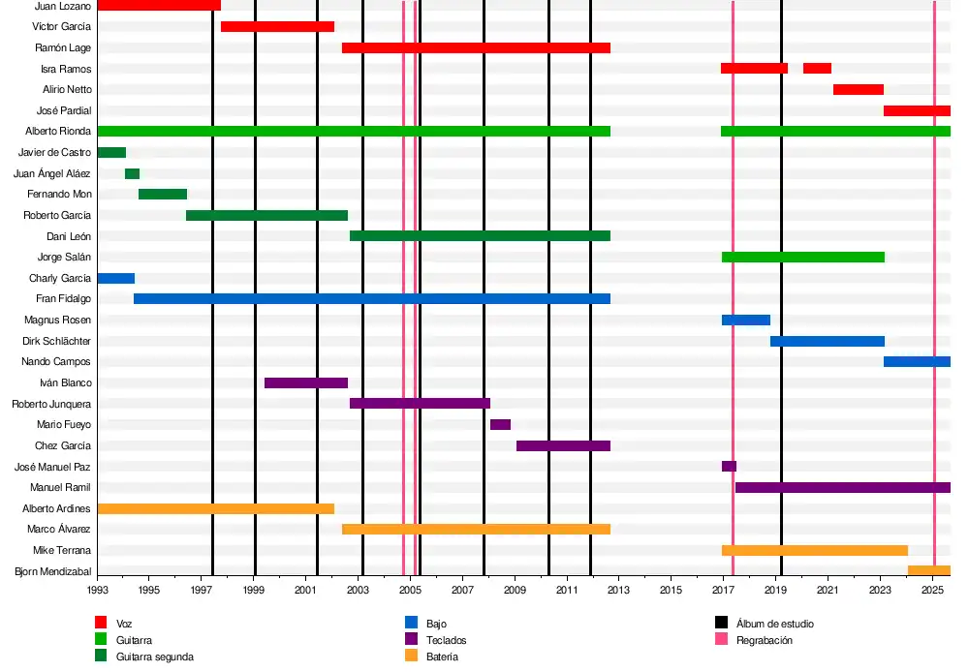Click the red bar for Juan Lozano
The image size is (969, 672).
[x=159, y=6]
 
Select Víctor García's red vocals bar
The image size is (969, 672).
[x=277, y=27]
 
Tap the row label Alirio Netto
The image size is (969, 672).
[x=67, y=90]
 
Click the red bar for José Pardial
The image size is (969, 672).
[x=917, y=111]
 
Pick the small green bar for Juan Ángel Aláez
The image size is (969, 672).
[x=132, y=174]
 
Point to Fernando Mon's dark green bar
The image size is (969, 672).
[x=163, y=195]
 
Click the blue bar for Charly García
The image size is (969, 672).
[x=116, y=279]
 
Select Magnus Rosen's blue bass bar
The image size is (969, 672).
[x=746, y=321]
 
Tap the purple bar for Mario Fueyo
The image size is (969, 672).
[x=500, y=425]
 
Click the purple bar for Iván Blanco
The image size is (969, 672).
[x=306, y=383]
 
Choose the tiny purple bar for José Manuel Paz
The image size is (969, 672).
[x=729, y=467]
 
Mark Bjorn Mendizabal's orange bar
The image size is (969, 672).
[x=928, y=571]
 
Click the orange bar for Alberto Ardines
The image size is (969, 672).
[x=216, y=509]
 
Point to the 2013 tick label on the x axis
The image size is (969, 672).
[x=618, y=590]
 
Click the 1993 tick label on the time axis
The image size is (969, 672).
[x=98, y=590]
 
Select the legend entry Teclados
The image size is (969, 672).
[x=446, y=641]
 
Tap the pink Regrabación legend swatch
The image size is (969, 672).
[x=721, y=640]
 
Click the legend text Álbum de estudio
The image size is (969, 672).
[x=775, y=625]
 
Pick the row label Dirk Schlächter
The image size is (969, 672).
[x=56, y=342]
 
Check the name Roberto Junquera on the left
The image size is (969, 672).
[x=51, y=405]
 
